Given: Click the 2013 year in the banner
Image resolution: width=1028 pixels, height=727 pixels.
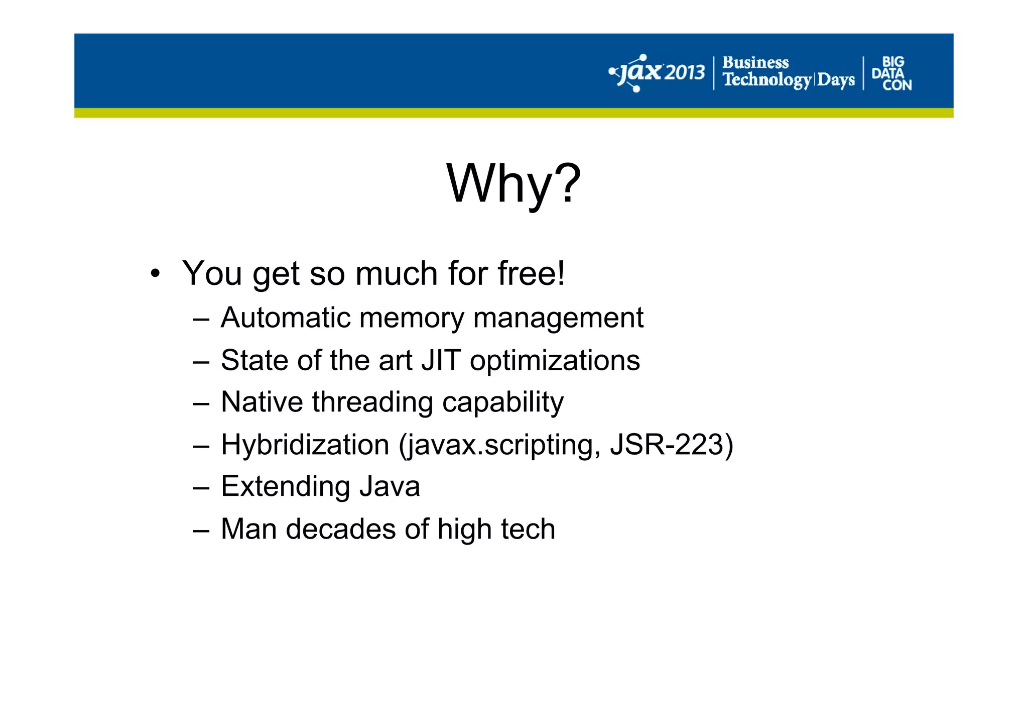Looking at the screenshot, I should click(685, 73).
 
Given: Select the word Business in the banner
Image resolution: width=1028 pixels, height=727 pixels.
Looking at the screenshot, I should click(755, 63).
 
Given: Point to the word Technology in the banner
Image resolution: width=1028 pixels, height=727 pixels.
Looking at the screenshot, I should click(766, 80).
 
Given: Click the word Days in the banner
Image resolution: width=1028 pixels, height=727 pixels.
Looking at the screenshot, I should click(836, 80).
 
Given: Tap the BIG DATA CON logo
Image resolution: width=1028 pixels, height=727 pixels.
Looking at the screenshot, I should click(892, 73).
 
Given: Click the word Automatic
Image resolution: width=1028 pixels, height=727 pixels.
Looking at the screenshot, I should click(286, 318).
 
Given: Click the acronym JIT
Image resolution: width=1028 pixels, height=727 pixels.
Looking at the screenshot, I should click(441, 360).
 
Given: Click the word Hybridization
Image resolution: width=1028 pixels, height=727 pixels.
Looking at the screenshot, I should click(305, 445).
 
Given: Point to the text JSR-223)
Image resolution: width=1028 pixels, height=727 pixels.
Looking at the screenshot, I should click(671, 445).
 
